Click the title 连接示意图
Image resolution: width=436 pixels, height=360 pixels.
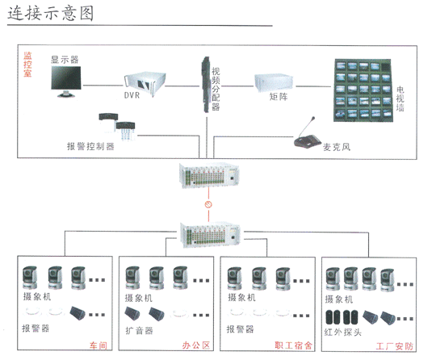tap(50, 14)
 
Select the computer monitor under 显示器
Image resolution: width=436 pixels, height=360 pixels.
tap(66, 82)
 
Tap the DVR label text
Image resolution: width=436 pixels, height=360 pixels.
tap(132, 95)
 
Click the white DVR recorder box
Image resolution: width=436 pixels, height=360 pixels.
tap(145, 83)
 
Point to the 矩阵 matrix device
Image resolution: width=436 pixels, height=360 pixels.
tap(274, 82)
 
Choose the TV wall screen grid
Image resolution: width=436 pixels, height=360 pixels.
tap(363, 90)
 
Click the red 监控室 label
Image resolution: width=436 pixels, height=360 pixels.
tap(27, 65)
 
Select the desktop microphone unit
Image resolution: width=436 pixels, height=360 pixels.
tap(307, 135)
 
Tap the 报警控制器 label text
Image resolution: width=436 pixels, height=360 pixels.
tap(90, 146)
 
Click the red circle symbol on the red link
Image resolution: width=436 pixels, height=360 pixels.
tap(208, 204)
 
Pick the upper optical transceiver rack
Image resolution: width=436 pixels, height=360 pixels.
tap(209, 175)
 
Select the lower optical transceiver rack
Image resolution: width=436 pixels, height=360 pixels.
tap(210, 235)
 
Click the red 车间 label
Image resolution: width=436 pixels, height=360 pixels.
tap(99, 345)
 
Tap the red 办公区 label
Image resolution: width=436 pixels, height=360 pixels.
tap(196, 345)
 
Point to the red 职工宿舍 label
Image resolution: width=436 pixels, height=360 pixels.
tap(293, 345)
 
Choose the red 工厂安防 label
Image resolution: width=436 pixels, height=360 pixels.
tap(394, 346)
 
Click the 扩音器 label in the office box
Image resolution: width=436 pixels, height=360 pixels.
tap(139, 330)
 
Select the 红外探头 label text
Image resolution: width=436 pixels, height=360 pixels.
tap(343, 332)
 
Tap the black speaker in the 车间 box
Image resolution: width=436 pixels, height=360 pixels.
tap(77, 313)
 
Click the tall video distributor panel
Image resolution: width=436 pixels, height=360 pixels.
tap(206, 85)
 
